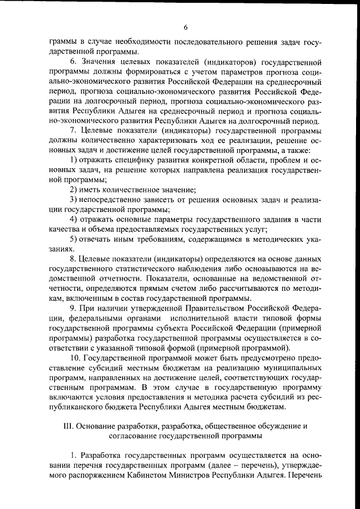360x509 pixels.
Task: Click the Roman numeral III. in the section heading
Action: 68,425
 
